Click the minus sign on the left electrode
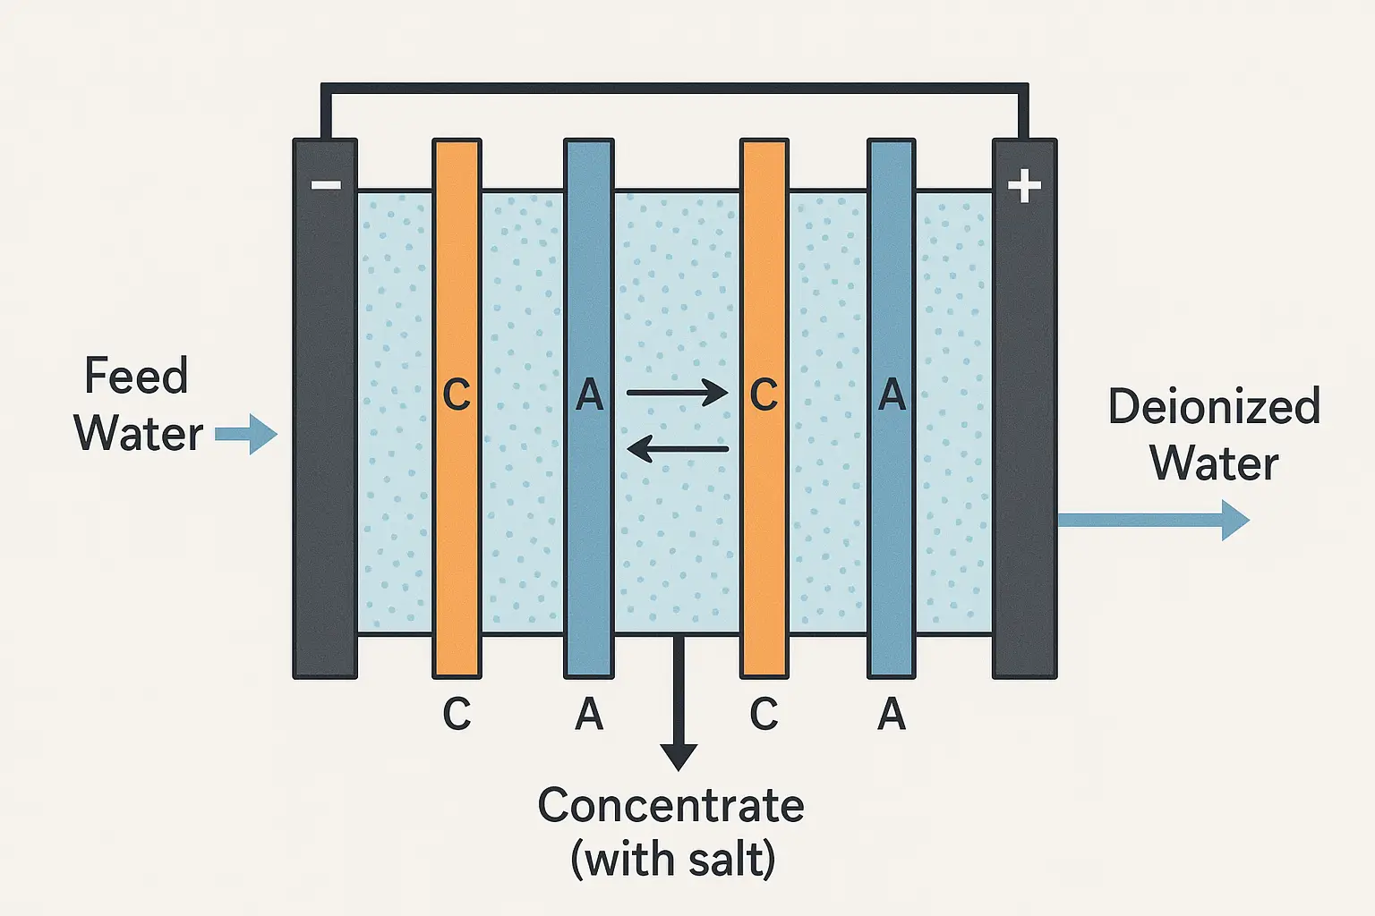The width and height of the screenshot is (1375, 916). [326, 185]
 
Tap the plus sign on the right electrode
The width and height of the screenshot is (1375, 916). [1024, 187]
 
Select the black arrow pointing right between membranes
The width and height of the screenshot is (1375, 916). [677, 392]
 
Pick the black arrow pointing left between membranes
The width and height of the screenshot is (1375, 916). [677, 448]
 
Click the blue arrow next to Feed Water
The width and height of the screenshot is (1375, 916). [246, 435]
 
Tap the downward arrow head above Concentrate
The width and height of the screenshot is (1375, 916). [679, 757]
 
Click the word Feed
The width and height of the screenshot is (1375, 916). [136, 376]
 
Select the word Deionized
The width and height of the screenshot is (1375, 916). [1214, 407]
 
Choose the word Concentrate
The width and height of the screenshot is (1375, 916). [670, 805]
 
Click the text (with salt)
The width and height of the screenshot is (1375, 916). [672, 860]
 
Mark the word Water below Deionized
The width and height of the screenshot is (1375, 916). [1214, 463]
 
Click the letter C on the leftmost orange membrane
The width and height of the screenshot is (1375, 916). [457, 394]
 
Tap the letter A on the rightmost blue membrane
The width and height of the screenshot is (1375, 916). [892, 394]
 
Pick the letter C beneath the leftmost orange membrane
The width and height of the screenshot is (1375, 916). [457, 714]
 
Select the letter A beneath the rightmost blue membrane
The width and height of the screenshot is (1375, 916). [892, 714]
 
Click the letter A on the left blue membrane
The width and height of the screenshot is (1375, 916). [589, 394]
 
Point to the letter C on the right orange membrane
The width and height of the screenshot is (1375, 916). [764, 394]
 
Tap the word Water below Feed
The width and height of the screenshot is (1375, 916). [139, 434]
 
